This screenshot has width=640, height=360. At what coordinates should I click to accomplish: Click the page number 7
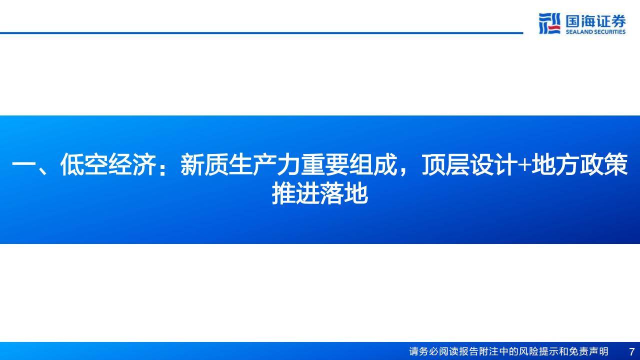pyautogui.click(x=631, y=351)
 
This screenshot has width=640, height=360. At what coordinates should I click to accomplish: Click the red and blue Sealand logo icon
pyautogui.click(x=549, y=23)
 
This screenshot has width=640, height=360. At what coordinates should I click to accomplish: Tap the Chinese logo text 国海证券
pyautogui.click(x=595, y=21)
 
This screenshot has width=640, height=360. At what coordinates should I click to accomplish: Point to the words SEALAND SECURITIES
pyautogui.click(x=595, y=32)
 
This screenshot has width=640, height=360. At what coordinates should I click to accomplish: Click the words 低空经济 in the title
pyautogui.click(x=108, y=165)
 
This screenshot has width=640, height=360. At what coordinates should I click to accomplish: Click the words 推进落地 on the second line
pyautogui.click(x=320, y=194)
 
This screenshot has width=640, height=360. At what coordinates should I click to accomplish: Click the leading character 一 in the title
pyautogui.click(x=23, y=165)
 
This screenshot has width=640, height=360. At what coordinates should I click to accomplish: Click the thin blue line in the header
pyautogui.click(x=260, y=33)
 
